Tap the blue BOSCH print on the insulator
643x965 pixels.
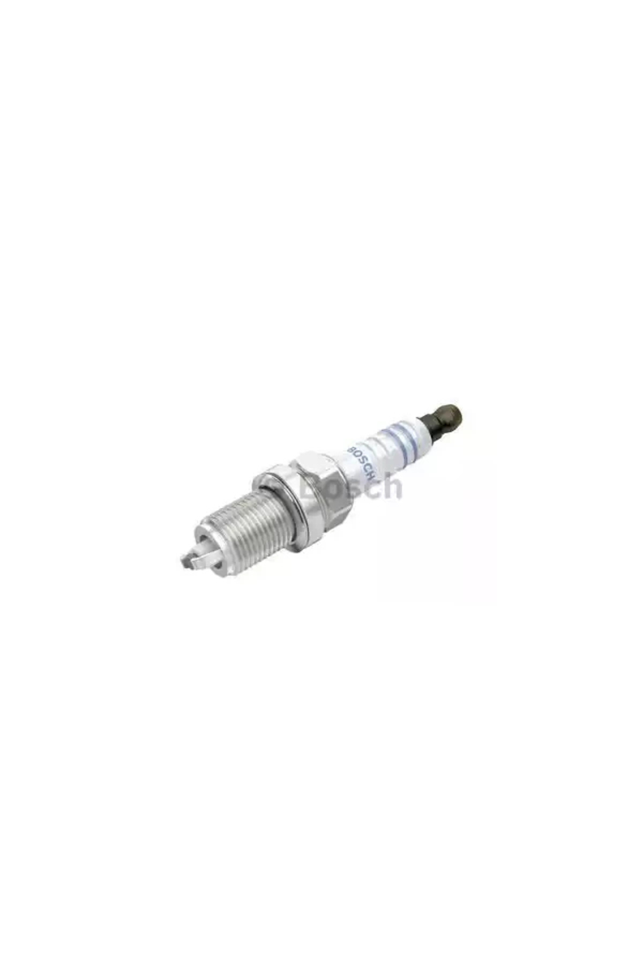[362, 459]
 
